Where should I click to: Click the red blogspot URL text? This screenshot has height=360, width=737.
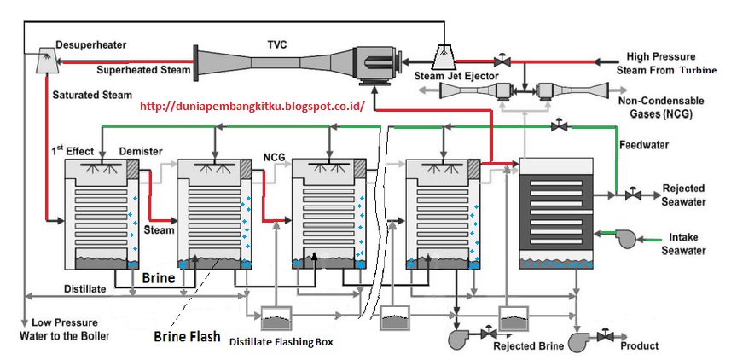252,107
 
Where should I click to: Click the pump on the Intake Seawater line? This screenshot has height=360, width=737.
629,238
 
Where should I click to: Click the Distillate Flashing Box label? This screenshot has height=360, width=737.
281,343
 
